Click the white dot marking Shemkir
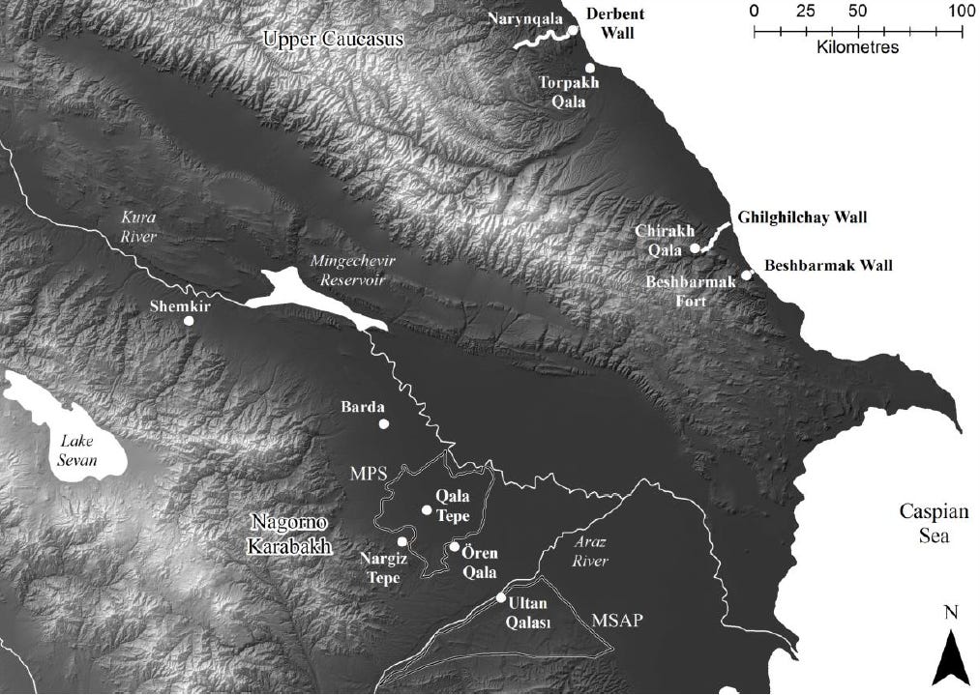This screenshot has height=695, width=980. [x=190, y=321]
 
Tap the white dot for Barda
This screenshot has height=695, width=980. [x=383, y=423]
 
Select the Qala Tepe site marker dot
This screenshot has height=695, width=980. [x=427, y=509]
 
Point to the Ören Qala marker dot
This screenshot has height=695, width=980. [x=454, y=547]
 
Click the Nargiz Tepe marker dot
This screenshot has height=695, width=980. [x=402, y=541]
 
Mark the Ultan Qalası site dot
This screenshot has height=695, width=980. [x=501, y=598]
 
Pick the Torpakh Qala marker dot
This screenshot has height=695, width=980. [x=589, y=67]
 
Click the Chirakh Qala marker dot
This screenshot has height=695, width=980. [x=695, y=248]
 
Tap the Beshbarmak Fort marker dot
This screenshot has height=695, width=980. [x=747, y=275]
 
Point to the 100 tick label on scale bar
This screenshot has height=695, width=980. [x=961, y=12]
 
